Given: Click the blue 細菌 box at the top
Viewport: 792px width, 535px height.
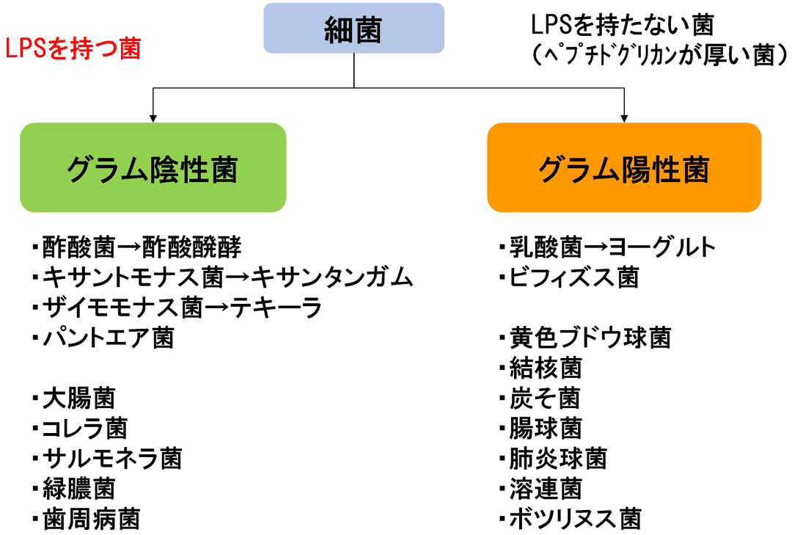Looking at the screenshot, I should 353,28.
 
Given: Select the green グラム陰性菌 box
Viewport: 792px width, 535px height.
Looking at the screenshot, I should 153,167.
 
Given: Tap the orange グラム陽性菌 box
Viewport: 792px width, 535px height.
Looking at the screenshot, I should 624,167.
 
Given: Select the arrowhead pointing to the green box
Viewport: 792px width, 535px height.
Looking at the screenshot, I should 153,116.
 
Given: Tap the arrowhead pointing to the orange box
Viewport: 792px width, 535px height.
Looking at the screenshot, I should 624,116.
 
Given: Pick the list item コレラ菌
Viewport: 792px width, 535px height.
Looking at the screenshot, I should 84,428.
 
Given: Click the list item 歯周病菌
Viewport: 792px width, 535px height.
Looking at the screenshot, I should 91,518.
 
